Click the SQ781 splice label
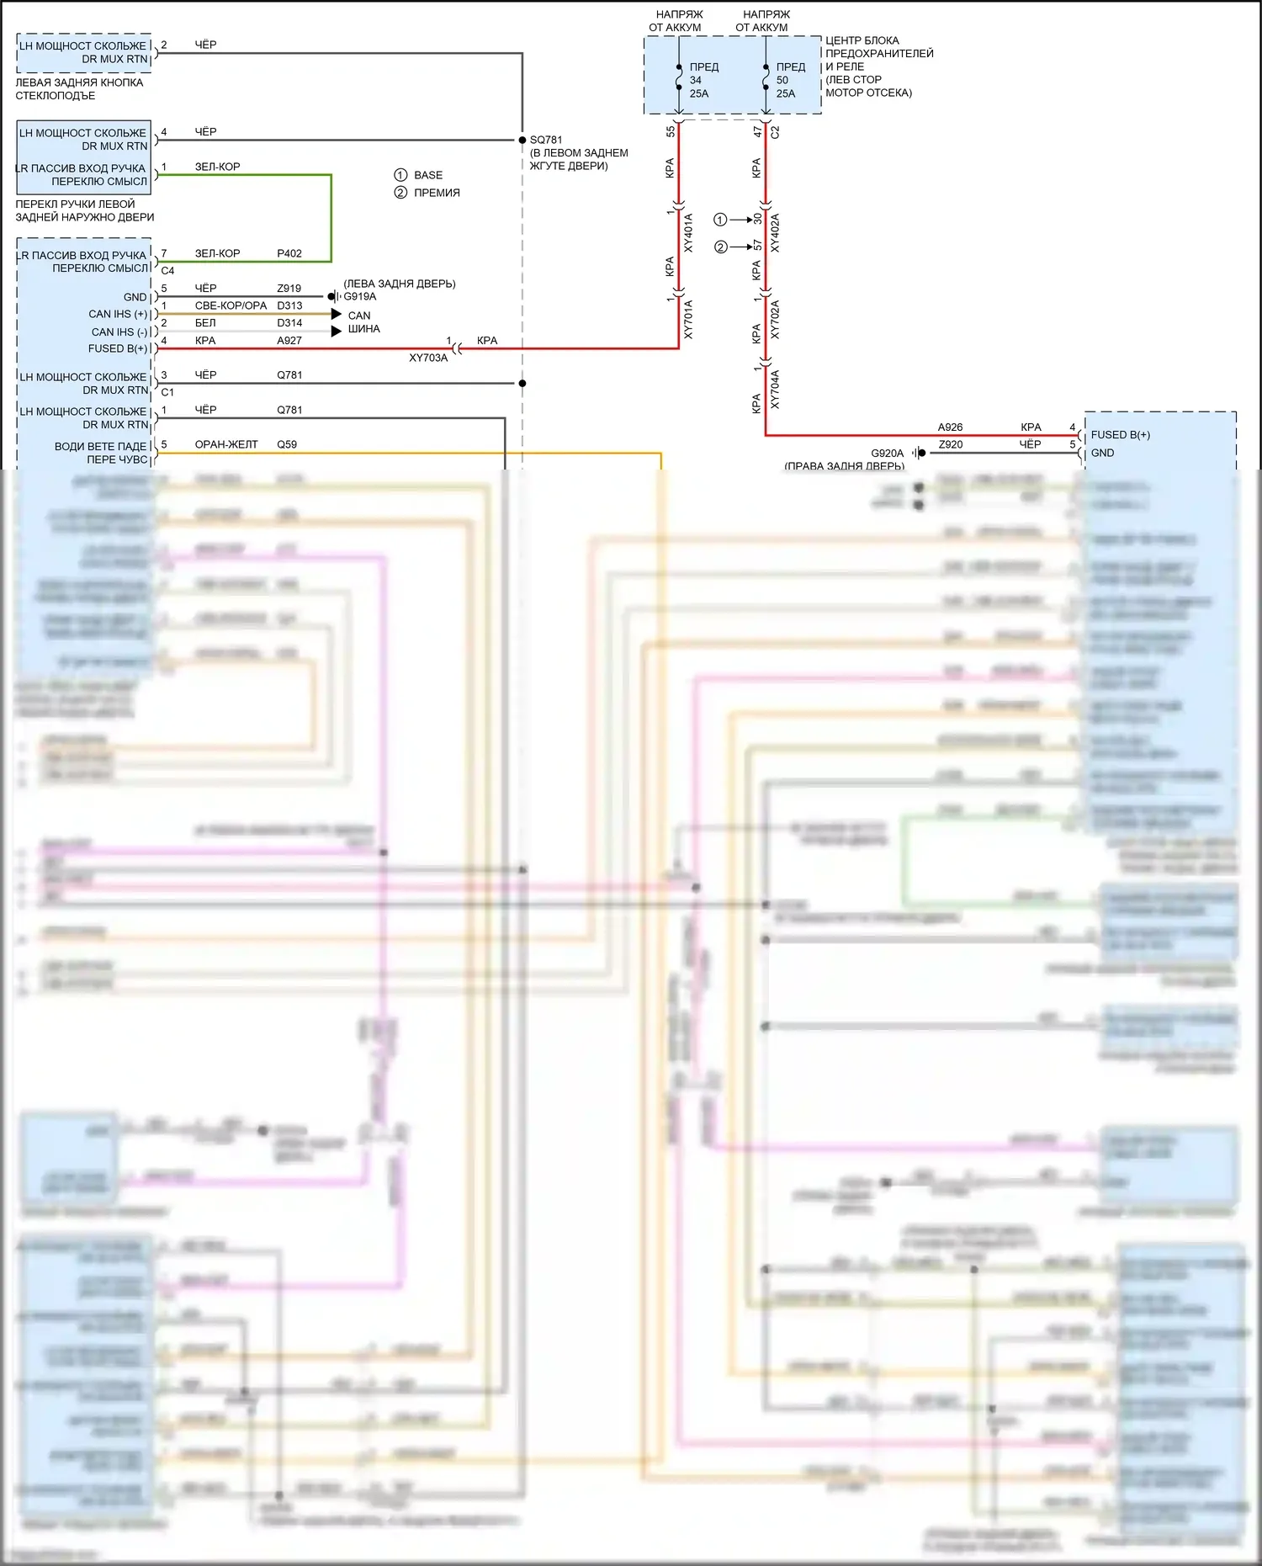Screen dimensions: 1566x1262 [x=546, y=140]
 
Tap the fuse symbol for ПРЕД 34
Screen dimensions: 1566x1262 [x=679, y=81]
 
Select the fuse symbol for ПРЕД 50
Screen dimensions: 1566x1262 [x=766, y=81]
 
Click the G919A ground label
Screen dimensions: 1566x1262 [x=360, y=296]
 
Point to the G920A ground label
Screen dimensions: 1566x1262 [x=887, y=453]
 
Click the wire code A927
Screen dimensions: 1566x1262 [x=289, y=341]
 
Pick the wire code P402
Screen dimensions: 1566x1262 [x=289, y=253]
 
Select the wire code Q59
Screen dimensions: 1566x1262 [x=287, y=444]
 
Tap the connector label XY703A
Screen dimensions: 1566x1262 [x=428, y=358]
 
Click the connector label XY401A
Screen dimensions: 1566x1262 [x=688, y=233]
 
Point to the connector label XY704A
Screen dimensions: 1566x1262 [x=775, y=390]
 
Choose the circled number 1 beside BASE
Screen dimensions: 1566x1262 [x=400, y=175]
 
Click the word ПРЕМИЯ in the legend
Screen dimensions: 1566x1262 [x=437, y=193]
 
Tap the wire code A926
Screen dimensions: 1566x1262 [x=950, y=427]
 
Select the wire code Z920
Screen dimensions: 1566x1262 [x=950, y=444]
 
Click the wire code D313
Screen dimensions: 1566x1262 [x=289, y=305]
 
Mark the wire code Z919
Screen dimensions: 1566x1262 [x=289, y=288]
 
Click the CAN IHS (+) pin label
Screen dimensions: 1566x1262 [x=118, y=314]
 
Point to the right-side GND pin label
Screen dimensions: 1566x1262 [x=1102, y=453]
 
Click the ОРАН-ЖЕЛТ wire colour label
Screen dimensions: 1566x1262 [x=226, y=444]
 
